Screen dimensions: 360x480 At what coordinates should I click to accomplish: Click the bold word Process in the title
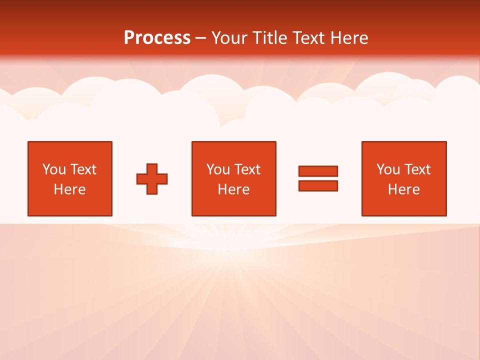click(x=157, y=38)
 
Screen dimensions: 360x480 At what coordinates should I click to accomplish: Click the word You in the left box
click(x=53, y=169)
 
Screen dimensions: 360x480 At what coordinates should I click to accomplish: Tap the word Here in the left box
click(x=69, y=189)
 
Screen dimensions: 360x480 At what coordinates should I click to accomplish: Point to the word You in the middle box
click(x=217, y=169)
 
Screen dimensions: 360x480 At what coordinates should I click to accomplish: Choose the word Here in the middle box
click(x=233, y=189)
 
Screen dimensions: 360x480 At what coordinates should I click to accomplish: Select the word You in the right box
click(x=387, y=169)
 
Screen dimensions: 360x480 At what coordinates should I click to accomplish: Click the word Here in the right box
click(x=403, y=189)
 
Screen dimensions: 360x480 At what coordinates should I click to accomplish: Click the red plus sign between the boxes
click(x=152, y=179)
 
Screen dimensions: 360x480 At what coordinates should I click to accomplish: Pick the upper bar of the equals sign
click(x=318, y=171)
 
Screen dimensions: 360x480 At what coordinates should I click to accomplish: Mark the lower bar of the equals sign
click(x=318, y=185)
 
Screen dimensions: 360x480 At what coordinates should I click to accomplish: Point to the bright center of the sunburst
click(x=228, y=250)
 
